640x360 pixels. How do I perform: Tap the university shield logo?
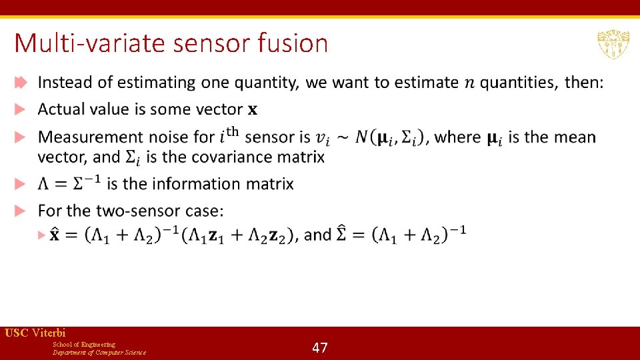[x=613, y=45]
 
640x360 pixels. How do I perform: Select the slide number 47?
[x=320, y=347]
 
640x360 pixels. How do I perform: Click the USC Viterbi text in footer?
[x=35, y=333]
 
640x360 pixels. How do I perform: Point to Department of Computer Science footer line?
[x=99, y=352]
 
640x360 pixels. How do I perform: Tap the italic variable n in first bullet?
[x=470, y=83]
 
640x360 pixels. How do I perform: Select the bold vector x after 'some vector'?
[x=253, y=110]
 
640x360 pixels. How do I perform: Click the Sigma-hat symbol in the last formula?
[x=345, y=233]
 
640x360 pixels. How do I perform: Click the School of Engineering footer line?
[x=84, y=344]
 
